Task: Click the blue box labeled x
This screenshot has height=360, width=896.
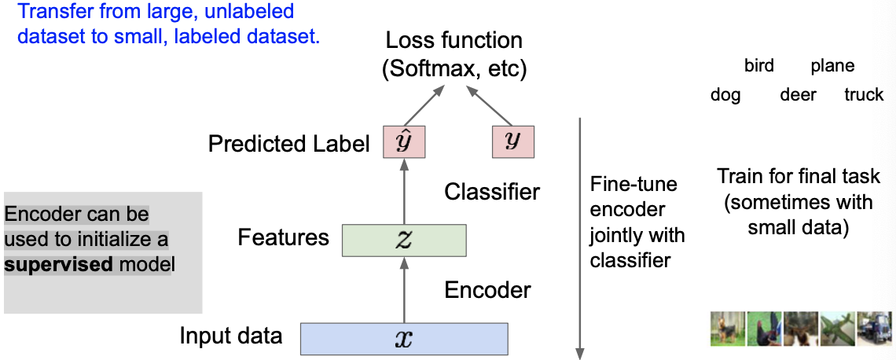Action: pyautogui.click(x=404, y=338)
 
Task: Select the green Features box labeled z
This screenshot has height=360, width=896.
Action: pyautogui.click(x=404, y=240)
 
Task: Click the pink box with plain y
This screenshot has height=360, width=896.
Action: pyautogui.click(x=512, y=141)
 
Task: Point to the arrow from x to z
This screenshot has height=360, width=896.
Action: pyautogui.click(x=404, y=289)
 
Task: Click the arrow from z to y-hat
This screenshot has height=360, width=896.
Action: pyautogui.click(x=404, y=191)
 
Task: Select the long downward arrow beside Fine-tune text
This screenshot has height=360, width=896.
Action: pyautogui.click(x=580, y=236)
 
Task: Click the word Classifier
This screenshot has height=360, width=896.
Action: pyautogui.click(x=492, y=191)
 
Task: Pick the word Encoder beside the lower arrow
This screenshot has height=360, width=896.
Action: pyautogui.click(x=487, y=290)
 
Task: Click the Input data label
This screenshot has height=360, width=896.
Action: pyautogui.click(x=230, y=336)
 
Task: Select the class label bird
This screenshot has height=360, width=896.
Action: pyautogui.click(x=758, y=66)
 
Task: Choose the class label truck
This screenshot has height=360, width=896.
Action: pyautogui.click(x=864, y=95)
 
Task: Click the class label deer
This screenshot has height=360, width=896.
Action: pyautogui.click(x=798, y=95)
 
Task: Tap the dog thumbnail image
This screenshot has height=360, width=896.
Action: pyautogui.click(x=727, y=329)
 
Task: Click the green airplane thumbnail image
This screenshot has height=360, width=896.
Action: pyautogui.click(x=837, y=329)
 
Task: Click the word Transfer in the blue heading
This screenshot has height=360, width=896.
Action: pyautogui.click(x=49, y=12)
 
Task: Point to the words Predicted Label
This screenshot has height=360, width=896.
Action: pyautogui.click(x=288, y=144)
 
